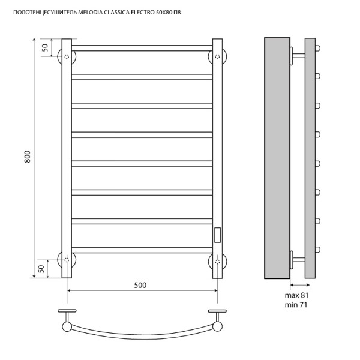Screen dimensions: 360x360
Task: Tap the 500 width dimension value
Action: [140, 285]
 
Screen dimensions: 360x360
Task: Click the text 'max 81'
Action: [297, 295]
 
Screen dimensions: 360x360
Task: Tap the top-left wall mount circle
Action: [67, 56]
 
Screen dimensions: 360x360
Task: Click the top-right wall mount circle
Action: [217, 56]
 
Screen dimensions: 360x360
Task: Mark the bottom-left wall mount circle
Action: [67, 259]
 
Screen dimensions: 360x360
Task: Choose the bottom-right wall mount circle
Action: [217, 259]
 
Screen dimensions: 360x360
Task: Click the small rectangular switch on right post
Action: [217, 233]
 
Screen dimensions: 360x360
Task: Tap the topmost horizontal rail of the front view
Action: [142, 47]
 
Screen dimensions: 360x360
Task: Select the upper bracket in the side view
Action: [298, 56]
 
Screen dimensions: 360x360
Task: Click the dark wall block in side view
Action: [277, 157]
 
